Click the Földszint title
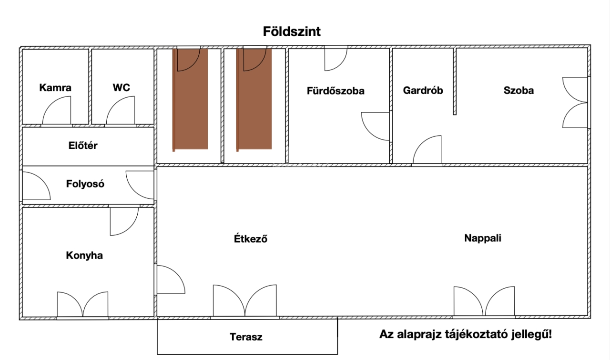pyautogui.click(x=292, y=32)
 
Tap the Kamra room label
pyautogui.click(x=55, y=88)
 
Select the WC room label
pyautogui.click(x=121, y=88)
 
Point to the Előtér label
pyautogui.click(x=83, y=146)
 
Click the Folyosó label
pyautogui.click(x=85, y=184)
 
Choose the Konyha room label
pyautogui.click(x=84, y=256)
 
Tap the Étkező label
pyautogui.click(x=247, y=239)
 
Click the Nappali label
pyautogui.click(x=483, y=238)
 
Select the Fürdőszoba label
pyautogui.click(x=335, y=91)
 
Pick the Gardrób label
pyautogui.click(x=423, y=90)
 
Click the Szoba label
pyautogui.click(x=518, y=90)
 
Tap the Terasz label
pyautogui.click(x=246, y=337)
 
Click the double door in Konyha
pyautogui.click(x=82, y=305)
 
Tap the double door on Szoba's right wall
pyautogui.click(x=575, y=102)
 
